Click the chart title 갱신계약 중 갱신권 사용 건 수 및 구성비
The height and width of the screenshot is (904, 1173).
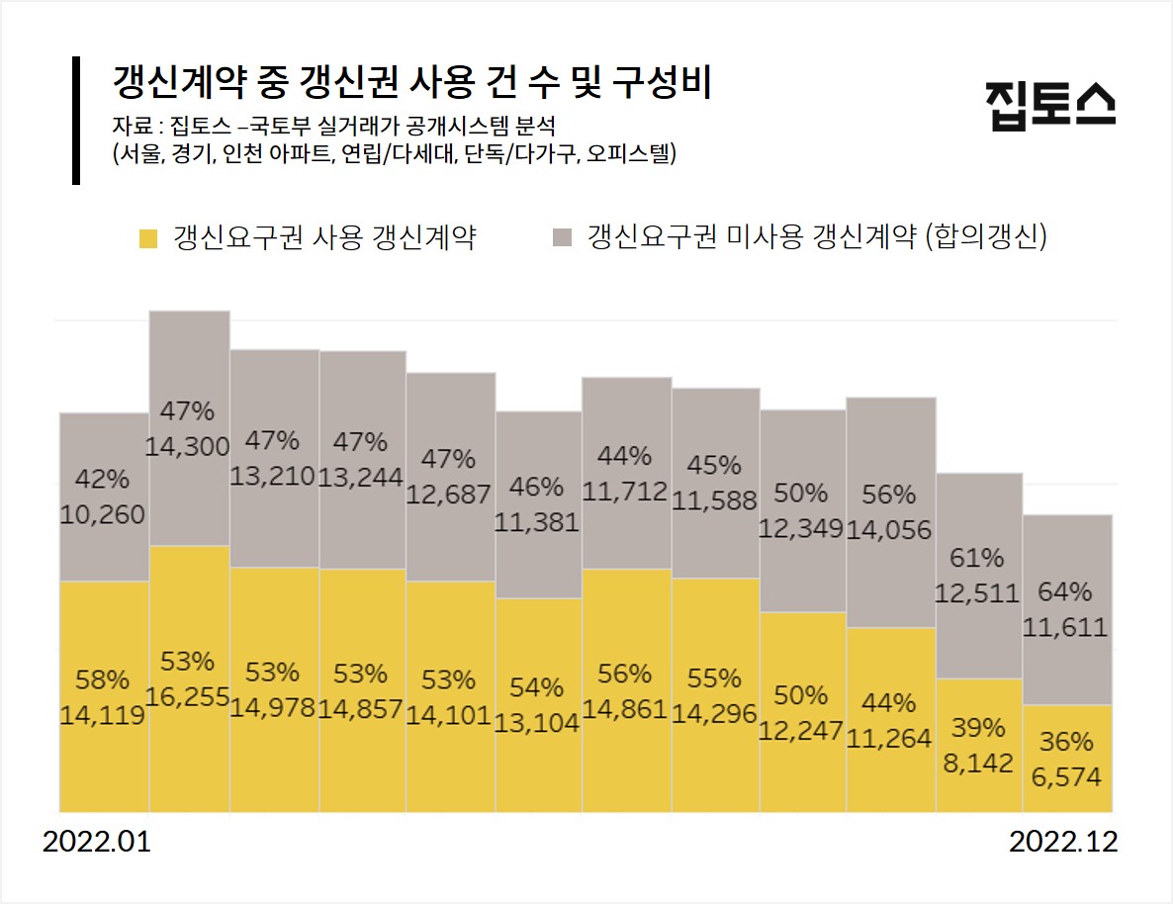point(412,82)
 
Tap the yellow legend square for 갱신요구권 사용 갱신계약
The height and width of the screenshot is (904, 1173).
point(148,237)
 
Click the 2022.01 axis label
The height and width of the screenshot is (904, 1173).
point(96,843)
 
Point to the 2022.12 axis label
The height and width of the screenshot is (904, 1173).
point(1063,843)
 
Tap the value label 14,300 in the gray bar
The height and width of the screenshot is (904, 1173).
point(188,446)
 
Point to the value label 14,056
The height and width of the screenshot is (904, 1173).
point(889,529)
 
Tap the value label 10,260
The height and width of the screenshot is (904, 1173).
point(103,514)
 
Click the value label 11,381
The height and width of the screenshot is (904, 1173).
point(538,522)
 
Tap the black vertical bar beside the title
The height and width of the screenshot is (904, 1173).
point(76,121)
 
